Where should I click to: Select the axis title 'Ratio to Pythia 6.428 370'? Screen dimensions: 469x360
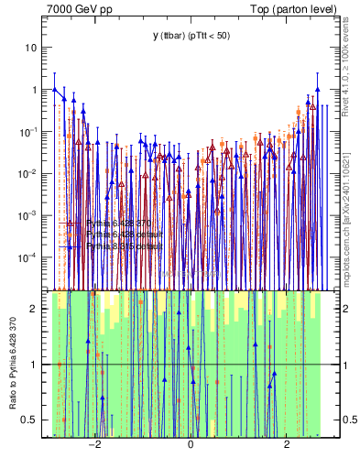(x=12, y=363)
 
